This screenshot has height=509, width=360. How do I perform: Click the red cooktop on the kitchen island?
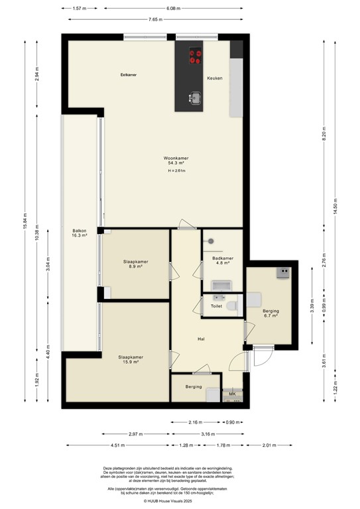point(195,56)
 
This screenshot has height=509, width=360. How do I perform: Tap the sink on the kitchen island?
point(195,98)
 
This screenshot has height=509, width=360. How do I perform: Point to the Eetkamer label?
point(128,74)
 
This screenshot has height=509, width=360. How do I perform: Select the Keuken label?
point(214,78)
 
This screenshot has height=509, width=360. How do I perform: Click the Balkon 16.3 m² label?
point(80,233)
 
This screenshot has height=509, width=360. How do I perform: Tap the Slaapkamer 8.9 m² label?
point(135,264)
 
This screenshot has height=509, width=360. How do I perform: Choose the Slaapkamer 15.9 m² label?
point(131,359)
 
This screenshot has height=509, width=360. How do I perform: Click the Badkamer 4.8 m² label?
point(222,260)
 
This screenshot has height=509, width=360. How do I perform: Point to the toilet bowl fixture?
point(231,306)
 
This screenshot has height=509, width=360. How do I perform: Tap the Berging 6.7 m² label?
point(270,313)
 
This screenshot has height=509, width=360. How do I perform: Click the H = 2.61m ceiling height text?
point(176,172)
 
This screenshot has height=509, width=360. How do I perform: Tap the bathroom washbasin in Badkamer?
point(222,286)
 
